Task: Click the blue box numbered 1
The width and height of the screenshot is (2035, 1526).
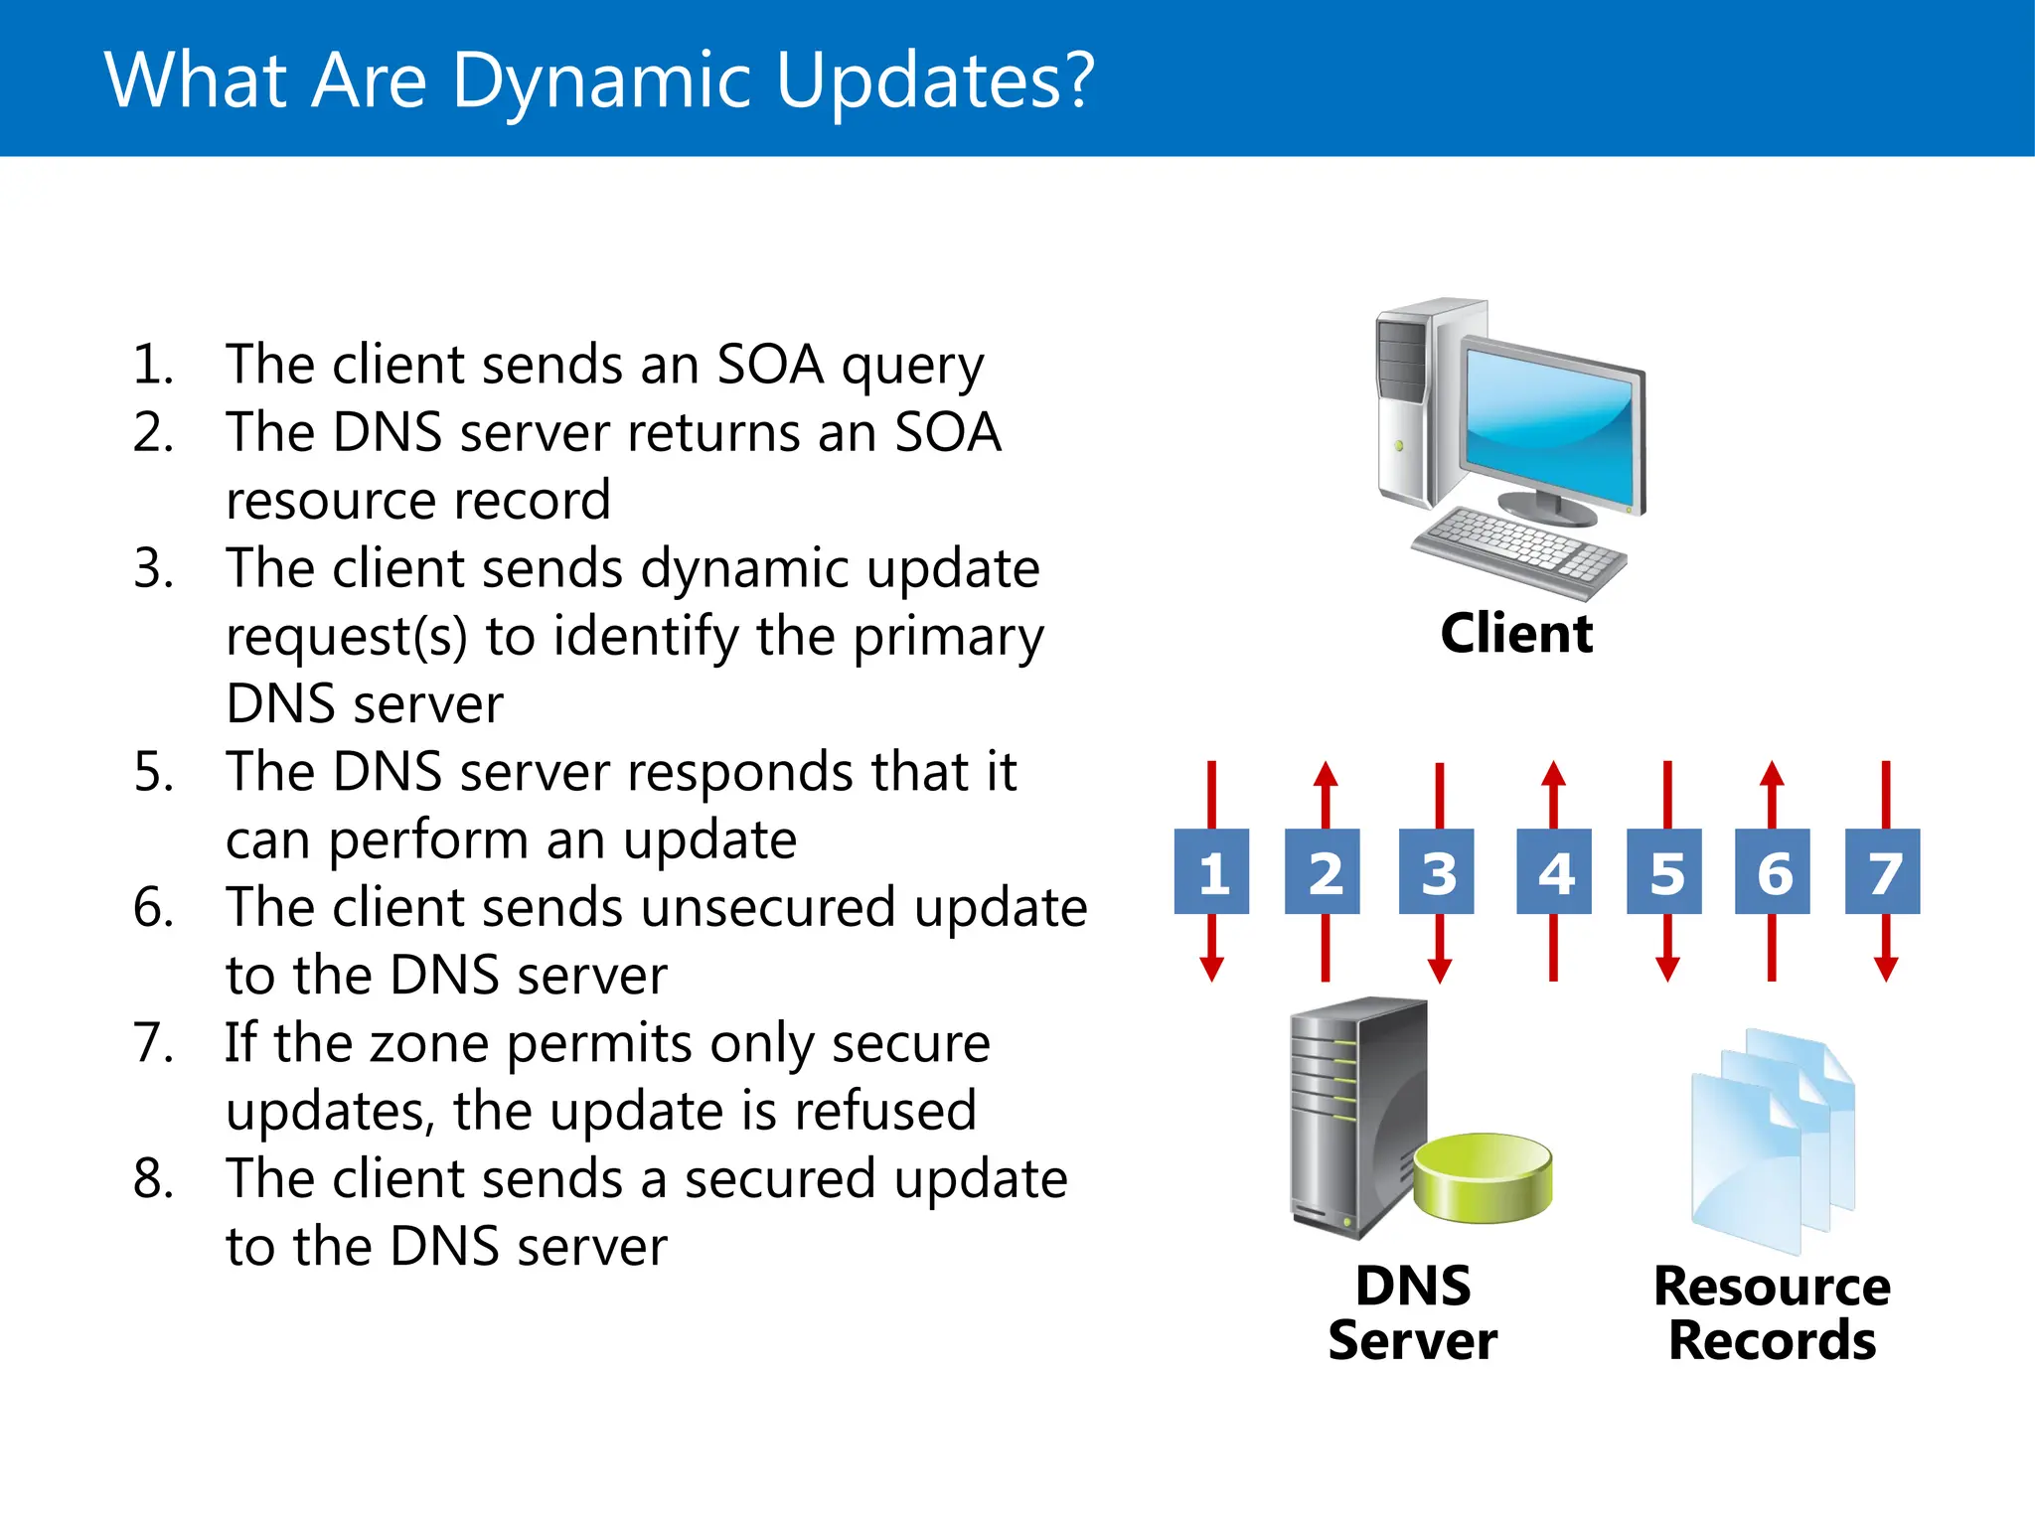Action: click(x=1211, y=871)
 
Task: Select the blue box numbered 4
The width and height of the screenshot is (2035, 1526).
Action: click(x=1553, y=871)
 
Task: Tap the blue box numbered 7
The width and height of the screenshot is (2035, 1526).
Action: click(x=1882, y=871)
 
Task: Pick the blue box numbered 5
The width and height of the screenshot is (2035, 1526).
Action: click(x=1664, y=871)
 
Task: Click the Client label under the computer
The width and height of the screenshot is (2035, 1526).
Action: click(x=1516, y=634)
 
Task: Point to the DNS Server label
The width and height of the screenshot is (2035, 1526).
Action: click(x=1412, y=1312)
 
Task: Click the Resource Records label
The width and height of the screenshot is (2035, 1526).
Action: click(x=1772, y=1312)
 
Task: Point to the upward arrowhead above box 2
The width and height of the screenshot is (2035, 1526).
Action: click(x=1326, y=775)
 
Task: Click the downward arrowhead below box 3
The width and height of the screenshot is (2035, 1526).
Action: click(x=1440, y=970)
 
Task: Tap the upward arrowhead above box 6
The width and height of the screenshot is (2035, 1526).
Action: click(x=1772, y=775)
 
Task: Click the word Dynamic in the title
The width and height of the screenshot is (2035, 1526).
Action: click(x=601, y=81)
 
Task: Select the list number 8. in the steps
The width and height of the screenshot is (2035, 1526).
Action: click(x=154, y=1179)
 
